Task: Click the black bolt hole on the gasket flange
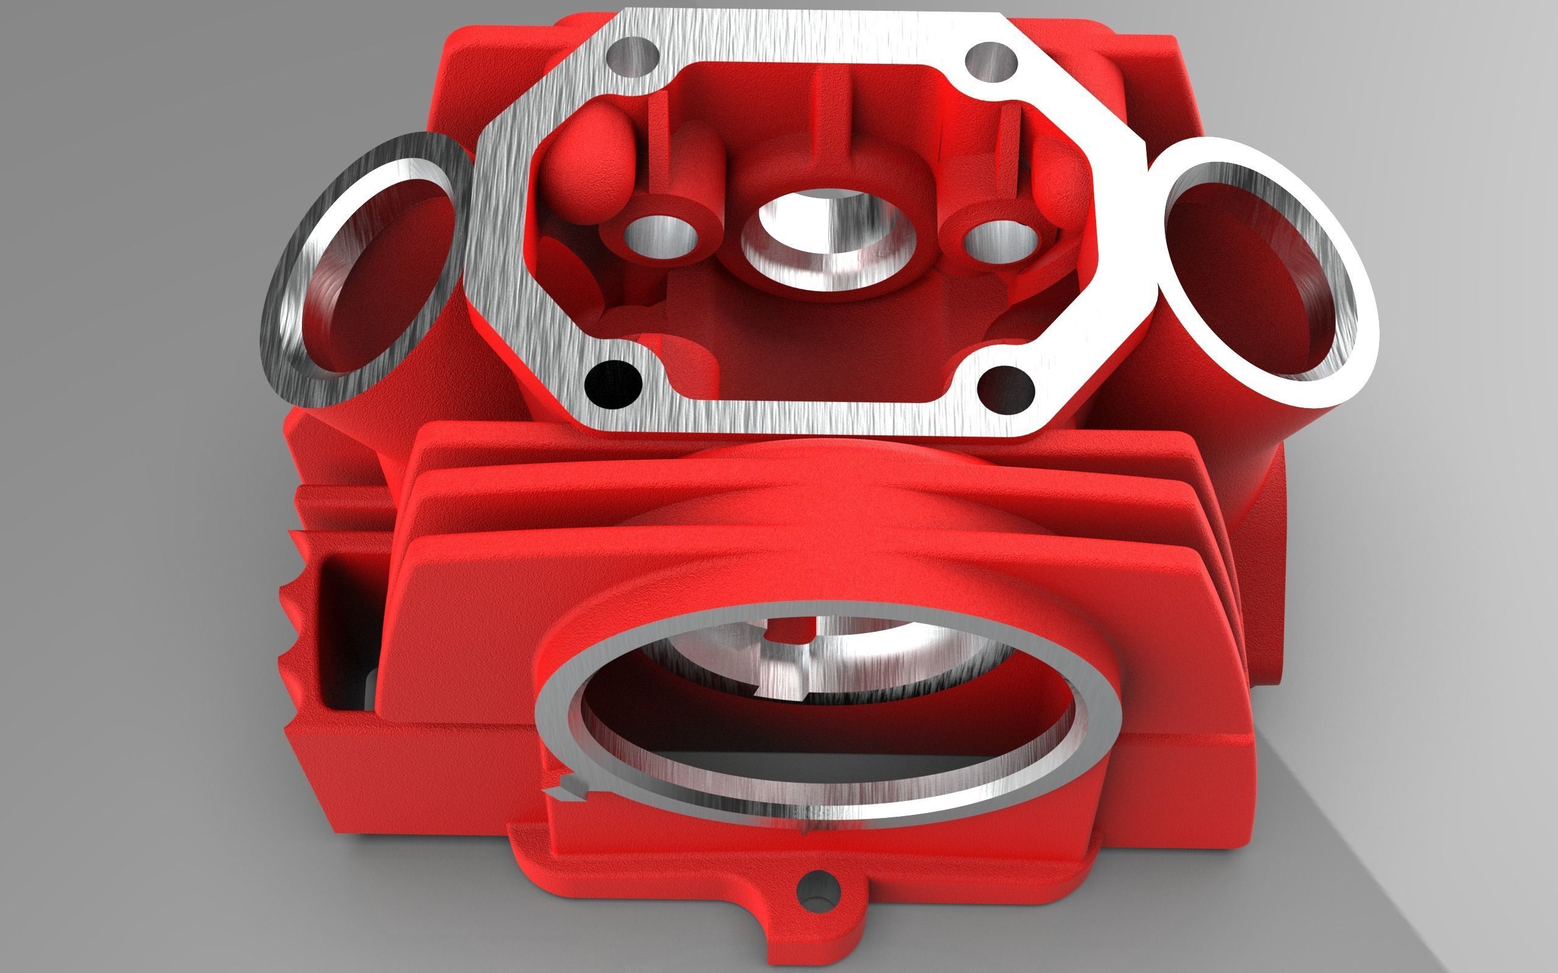pyautogui.click(x=613, y=384)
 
